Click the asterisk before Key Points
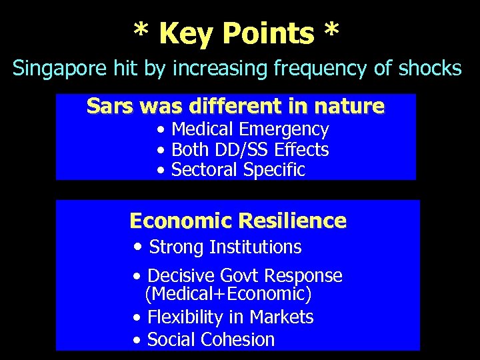[141, 29]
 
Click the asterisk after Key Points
[331, 29]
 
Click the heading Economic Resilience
[238, 221]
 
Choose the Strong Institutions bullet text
[225, 247]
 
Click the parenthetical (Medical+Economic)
[228, 294]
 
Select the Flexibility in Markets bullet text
[230, 317]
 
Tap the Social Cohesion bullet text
[211, 339]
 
